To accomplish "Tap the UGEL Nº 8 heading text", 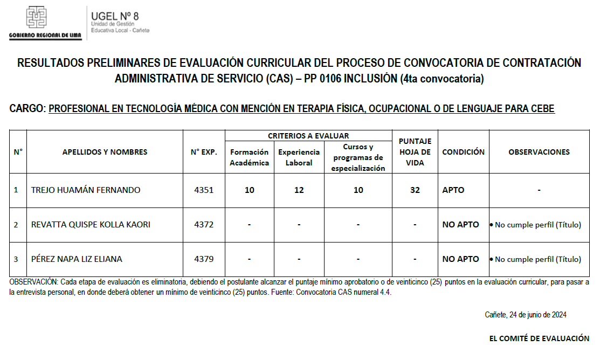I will (x=115, y=16).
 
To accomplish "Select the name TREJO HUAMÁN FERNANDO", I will (x=86, y=190).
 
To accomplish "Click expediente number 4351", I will (x=204, y=190).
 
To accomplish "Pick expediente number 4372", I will (x=204, y=225).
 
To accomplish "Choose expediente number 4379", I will (x=204, y=259).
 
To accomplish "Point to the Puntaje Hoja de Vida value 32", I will (x=415, y=190).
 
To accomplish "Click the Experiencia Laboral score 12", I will (x=299, y=190).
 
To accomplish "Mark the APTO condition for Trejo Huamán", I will (x=453, y=190).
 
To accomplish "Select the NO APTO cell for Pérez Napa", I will (x=460, y=259).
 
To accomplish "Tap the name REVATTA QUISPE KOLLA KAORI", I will (x=91, y=225).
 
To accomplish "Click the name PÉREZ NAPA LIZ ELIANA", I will (x=77, y=259).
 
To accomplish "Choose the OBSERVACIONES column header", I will (x=539, y=152).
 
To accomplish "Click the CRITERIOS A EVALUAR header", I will (x=308, y=136).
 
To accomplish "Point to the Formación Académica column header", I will (x=249, y=157).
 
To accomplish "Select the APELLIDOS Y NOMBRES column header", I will (x=105, y=152).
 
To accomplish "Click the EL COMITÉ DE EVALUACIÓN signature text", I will (x=539, y=338).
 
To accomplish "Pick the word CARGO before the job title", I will (x=27, y=109).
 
